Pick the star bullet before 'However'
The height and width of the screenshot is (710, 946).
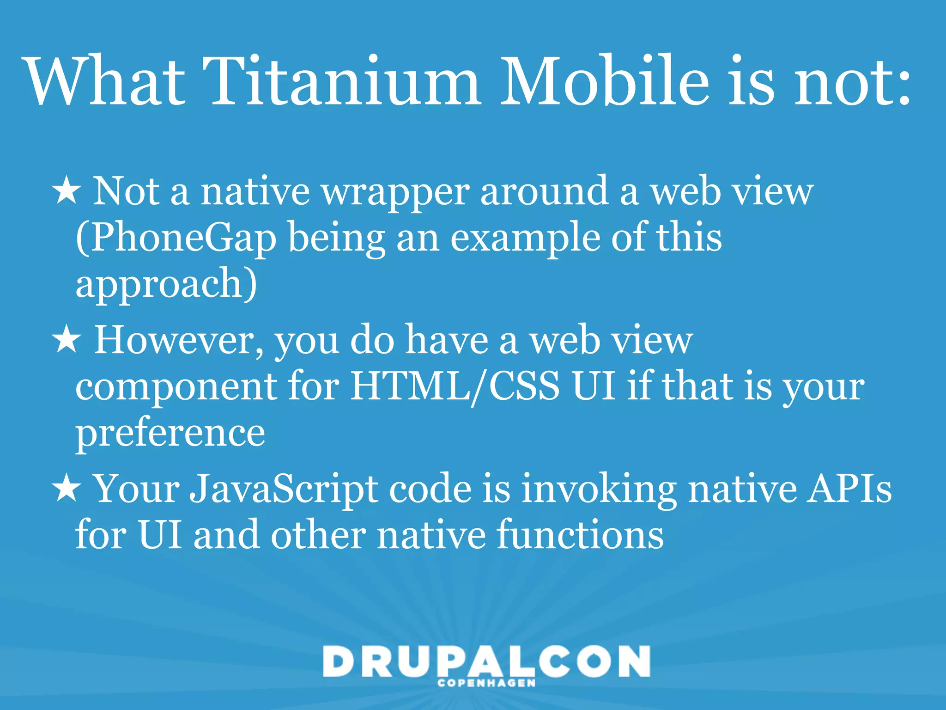[67, 340]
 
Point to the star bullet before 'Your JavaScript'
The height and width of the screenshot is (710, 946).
[67, 489]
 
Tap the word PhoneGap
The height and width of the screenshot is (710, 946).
[176, 238]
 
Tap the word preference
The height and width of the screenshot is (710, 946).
[170, 435]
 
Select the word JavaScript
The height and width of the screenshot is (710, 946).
[284, 490]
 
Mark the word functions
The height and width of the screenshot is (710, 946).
[580, 535]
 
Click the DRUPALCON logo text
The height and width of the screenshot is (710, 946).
[486, 662]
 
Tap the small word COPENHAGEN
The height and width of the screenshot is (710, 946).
[486, 683]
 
